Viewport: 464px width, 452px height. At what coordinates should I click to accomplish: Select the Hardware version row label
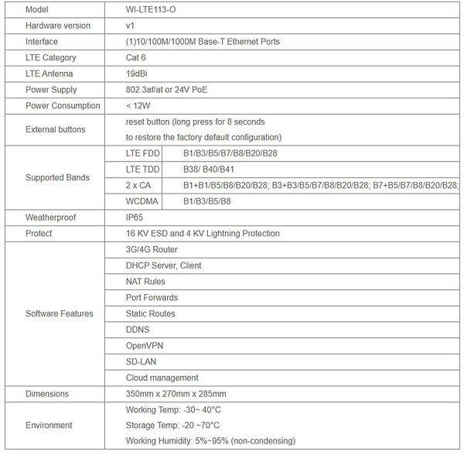point(58,26)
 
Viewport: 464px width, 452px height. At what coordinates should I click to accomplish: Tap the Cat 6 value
point(138,57)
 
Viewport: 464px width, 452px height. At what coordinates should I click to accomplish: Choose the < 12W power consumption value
point(139,105)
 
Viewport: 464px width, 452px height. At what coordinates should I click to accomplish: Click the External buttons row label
point(56,128)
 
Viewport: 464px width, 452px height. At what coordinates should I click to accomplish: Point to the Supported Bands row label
point(57,177)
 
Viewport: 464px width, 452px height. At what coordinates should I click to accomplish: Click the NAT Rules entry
point(145,282)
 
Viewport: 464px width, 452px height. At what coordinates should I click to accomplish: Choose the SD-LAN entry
point(142,361)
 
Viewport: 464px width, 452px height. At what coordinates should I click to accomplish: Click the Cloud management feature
point(162,378)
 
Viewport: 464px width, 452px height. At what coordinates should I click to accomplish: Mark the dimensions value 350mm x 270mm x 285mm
point(175,393)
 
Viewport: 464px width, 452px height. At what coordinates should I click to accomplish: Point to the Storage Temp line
point(172,425)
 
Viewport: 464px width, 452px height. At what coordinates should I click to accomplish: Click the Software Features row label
point(60,313)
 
